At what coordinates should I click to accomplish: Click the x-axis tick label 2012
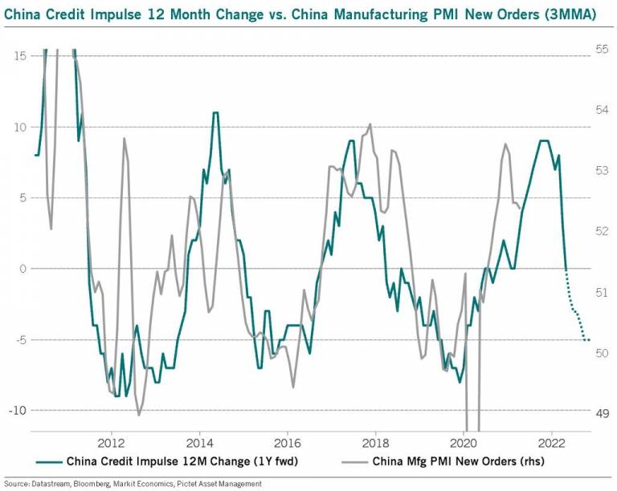click(x=111, y=442)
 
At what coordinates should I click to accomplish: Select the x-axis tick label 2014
click(x=199, y=442)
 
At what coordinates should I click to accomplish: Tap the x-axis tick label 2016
click(x=288, y=442)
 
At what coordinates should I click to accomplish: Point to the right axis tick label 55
click(x=602, y=49)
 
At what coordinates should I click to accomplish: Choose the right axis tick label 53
click(x=602, y=170)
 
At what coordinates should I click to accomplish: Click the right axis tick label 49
click(x=602, y=413)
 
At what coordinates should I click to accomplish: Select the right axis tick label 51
click(x=602, y=292)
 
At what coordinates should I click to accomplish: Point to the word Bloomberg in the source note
click(x=92, y=484)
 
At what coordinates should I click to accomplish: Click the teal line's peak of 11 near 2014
click(x=215, y=112)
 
